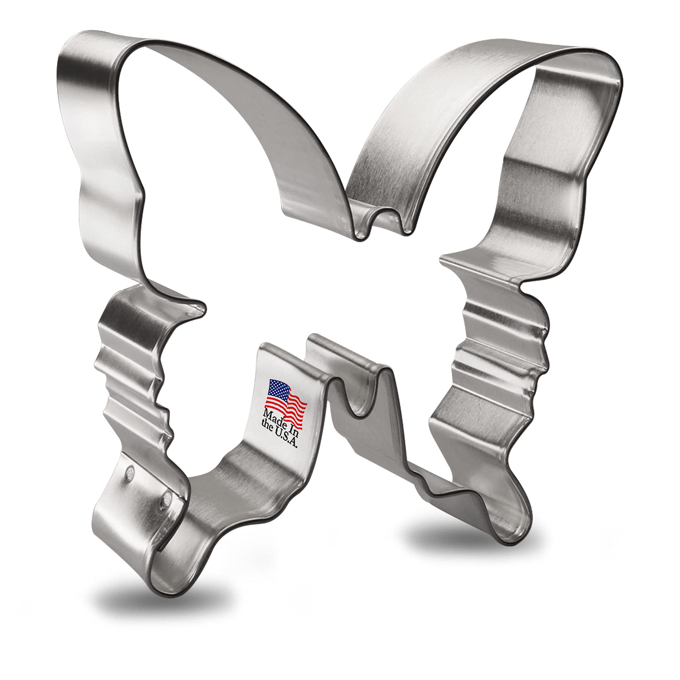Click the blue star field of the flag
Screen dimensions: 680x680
[x=278, y=388]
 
